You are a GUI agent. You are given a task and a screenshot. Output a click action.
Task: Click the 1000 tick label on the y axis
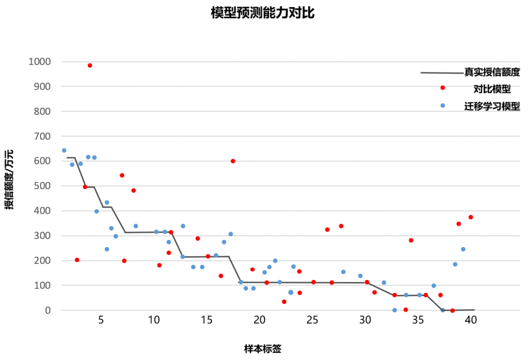pos(39,62)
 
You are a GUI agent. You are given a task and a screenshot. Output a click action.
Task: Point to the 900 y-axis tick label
pos(42,87)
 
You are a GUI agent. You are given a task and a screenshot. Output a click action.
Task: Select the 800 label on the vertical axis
pos(42,111)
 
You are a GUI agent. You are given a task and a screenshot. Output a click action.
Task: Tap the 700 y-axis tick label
pos(42,136)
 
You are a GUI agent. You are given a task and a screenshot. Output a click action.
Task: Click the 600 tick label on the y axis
pos(42,161)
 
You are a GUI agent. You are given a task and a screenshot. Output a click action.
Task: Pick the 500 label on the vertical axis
pos(42,186)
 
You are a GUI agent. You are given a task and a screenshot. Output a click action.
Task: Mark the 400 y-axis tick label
pos(42,211)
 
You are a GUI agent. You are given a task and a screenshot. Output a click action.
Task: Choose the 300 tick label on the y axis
pos(42,236)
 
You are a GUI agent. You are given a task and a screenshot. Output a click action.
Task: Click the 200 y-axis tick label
pos(42,260)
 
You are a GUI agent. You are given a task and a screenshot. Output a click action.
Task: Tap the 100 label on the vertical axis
pos(42,285)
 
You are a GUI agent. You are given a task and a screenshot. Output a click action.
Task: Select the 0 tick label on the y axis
pos(48,311)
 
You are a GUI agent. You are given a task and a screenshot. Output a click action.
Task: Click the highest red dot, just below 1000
pos(90,65)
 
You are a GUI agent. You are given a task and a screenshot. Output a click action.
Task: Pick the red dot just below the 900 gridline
pos(443,88)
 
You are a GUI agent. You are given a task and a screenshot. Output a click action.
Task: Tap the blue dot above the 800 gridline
pos(443,105)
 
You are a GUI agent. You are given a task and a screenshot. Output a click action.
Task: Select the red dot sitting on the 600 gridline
pos(233,161)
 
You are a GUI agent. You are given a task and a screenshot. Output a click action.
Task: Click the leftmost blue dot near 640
pos(64,150)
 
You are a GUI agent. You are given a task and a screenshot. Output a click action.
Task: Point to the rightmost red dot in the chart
pos(471,217)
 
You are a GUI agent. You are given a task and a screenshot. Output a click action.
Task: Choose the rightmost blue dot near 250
pos(463,249)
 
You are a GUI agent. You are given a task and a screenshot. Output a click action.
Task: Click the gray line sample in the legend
pos(442,73)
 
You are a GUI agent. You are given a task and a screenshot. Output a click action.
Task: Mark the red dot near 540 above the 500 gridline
pos(122,175)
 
